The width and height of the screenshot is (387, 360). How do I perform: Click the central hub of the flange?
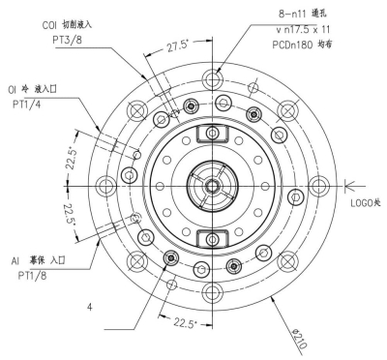[210, 185]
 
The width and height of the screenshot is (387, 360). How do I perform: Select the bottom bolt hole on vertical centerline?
[210, 290]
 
